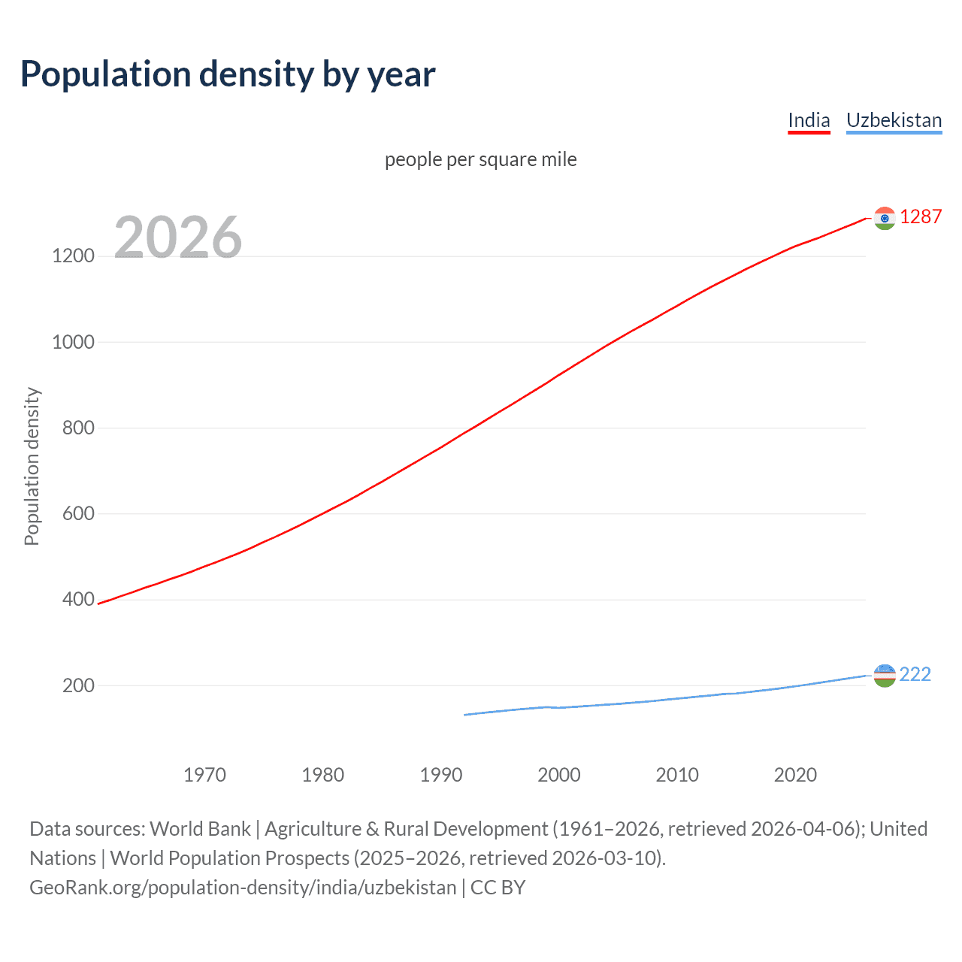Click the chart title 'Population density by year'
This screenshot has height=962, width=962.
pos(228,74)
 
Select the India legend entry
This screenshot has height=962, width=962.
pos(809,120)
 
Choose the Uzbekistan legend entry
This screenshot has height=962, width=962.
pos(894,120)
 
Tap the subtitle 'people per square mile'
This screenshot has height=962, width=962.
pos(481,159)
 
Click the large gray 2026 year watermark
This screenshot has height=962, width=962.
pos(178,237)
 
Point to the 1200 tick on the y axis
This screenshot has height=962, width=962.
pos(73,256)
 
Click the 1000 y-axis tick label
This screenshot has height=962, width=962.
pos(73,342)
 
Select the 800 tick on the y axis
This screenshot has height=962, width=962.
pos(78,428)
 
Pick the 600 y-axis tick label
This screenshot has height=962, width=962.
pos(78,513)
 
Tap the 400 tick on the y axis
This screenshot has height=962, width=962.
pos(78,600)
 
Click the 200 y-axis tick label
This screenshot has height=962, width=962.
pos(78,685)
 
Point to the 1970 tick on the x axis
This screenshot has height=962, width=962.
pos(204,775)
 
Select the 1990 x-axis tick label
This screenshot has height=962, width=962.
pos(441,775)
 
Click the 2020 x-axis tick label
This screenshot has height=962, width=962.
pos(795,775)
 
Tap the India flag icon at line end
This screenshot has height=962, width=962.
pos(885,218)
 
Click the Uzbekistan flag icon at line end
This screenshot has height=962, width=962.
pos(885,676)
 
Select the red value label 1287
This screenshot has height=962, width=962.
pos(921,217)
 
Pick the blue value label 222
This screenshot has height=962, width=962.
pos(915,674)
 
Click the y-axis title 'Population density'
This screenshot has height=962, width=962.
pos(32,466)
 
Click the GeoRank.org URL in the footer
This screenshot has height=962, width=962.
pos(243,888)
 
